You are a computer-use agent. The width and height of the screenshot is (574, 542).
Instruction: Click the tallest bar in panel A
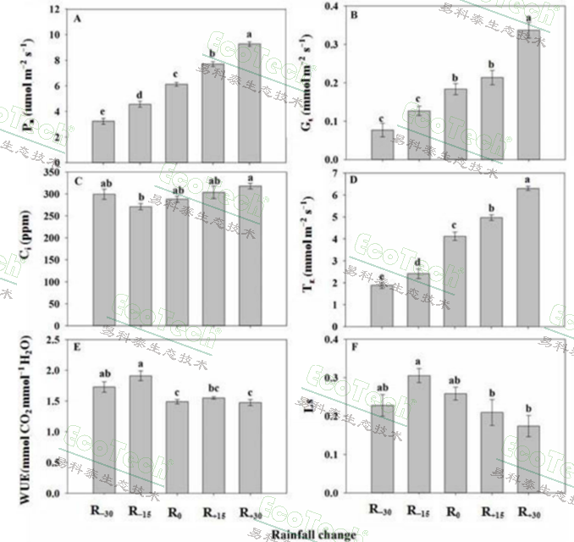[249, 102]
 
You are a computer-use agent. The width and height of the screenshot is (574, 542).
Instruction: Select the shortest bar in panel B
[383, 144]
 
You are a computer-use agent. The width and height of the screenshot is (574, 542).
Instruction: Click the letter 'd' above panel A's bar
[140, 93]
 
